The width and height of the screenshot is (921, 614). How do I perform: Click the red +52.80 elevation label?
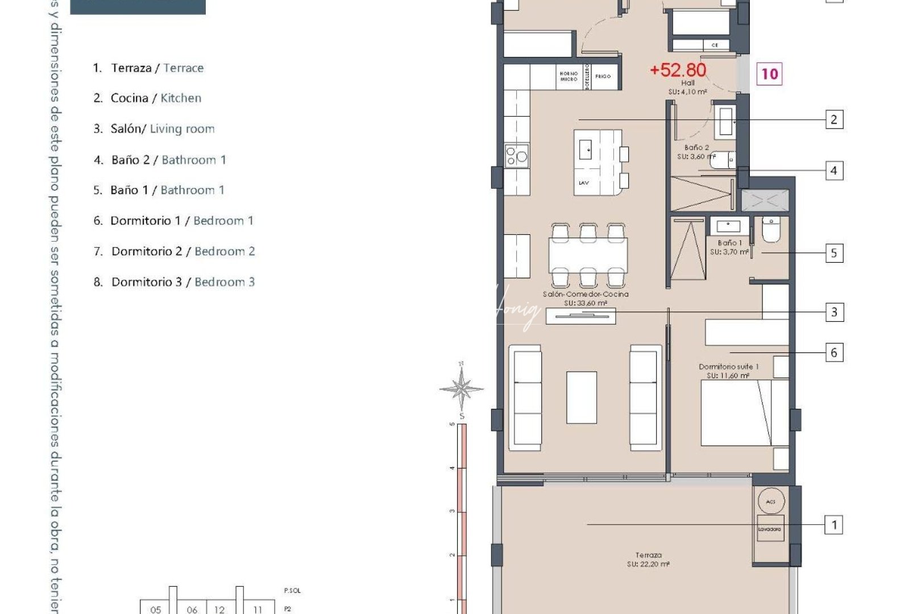(x=678, y=70)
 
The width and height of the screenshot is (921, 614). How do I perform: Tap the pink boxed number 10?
(x=769, y=74)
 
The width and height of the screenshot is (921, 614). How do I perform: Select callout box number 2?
(x=833, y=119)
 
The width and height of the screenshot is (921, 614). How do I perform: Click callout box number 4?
(x=833, y=171)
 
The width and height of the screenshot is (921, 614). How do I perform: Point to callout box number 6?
(x=833, y=352)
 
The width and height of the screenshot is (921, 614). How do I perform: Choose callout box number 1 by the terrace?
(x=833, y=525)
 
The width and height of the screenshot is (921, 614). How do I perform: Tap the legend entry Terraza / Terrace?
(x=157, y=68)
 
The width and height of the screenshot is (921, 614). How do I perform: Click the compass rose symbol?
(x=462, y=389)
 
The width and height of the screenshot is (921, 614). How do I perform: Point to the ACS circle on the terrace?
(x=771, y=501)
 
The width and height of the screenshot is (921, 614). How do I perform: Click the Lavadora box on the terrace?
(x=770, y=529)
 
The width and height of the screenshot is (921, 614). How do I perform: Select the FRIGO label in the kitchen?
(x=603, y=76)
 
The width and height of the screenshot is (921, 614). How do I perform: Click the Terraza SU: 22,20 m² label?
(x=648, y=559)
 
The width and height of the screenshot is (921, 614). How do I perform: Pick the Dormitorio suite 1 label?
(x=728, y=371)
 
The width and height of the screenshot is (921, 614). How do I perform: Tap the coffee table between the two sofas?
(x=582, y=397)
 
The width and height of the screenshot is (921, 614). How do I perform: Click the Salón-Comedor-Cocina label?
(x=586, y=298)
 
